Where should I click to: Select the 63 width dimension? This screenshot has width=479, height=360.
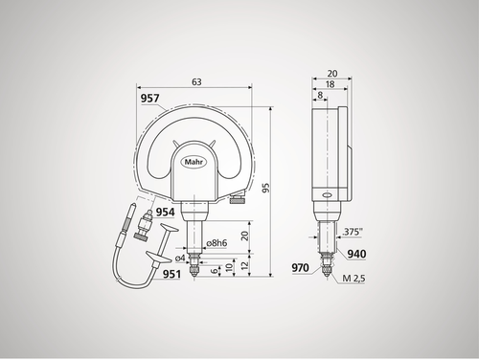point(195,83)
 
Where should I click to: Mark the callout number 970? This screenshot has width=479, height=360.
point(301,269)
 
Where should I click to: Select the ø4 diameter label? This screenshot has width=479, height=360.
point(180,257)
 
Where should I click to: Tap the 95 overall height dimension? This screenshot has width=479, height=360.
point(277,188)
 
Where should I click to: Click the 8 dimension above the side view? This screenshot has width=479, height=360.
point(318,96)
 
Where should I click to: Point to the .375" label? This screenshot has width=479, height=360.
point(351,232)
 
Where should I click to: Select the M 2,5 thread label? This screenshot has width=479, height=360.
point(351,279)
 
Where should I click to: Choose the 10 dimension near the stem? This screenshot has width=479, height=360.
point(230,267)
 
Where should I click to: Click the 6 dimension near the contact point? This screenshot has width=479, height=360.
point(215,271)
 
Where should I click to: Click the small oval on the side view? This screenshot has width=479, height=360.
point(327,194)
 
